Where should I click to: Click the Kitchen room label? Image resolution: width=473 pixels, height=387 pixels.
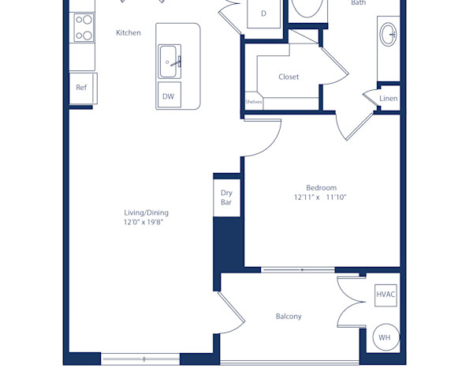pyautogui.click(x=128, y=32)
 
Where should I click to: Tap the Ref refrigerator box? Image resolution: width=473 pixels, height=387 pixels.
pyautogui.click(x=82, y=88)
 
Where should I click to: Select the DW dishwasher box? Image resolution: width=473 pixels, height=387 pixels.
pyautogui.click(x=168, y=96)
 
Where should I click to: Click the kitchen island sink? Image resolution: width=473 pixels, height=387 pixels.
pyautogui.click(x=170, y=62)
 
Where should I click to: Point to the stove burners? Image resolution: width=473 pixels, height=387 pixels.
pyautogui.click(x=82, y=28)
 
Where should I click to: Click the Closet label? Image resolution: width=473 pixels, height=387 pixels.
pyautogui.click(x=289, y=77)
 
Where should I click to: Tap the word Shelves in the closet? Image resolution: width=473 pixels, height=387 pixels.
pyautogui.click(x=253, y=101)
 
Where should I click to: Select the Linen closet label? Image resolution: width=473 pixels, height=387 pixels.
pyautogui.click(x=389, y=98)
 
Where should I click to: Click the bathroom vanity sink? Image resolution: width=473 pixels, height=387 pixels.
pyautogui.click(x=388, y=35)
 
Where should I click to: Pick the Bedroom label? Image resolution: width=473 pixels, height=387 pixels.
pyautogui.click(x=321, y=187)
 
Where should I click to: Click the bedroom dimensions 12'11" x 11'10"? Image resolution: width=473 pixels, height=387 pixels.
pyautogui.click(x=321, y=197)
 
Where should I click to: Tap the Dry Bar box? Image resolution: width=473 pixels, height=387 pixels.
pyautogui.click(x=226, y=197)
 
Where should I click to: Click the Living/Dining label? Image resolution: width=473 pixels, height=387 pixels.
pyautogui.click(x=146, y=212)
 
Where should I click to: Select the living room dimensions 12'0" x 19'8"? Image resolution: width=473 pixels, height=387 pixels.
pyautogui.click(x=146, y=223)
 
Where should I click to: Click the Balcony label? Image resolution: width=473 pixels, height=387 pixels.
pyautogui.click(x=289, y=316)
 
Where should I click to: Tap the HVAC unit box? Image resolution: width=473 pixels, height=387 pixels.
pyautogui.click(x=385, y=295)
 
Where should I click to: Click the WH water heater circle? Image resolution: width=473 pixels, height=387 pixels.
pyautogui.click(x=385, y=338)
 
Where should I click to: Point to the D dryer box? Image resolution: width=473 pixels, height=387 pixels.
pyautogui.click(x=263, y=13)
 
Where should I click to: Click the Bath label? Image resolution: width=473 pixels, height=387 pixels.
pyautogui.click(x=358, y=3)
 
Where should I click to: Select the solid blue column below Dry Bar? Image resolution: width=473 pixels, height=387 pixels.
pyautogui.click(x=226, y=245)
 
